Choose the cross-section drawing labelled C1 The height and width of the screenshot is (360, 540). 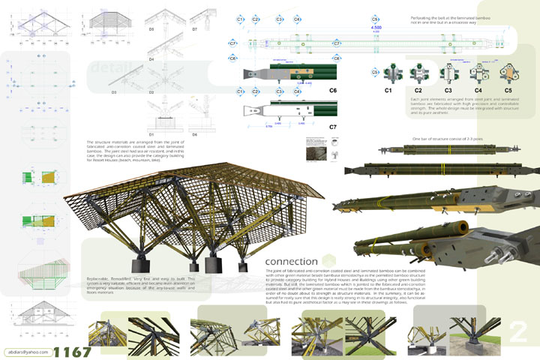point(388,73)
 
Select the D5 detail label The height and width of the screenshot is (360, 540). point(151,29)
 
